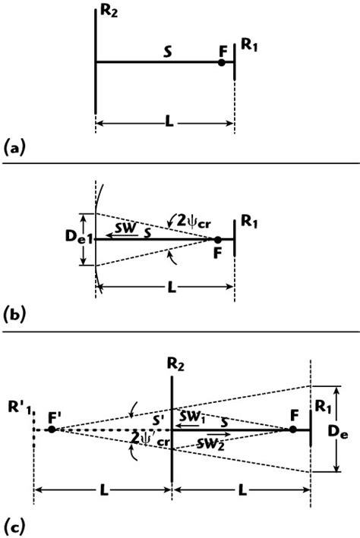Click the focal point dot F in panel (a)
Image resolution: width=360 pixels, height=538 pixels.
coord(221,62)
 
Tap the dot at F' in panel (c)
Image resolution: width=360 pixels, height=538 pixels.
coord(51,429)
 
